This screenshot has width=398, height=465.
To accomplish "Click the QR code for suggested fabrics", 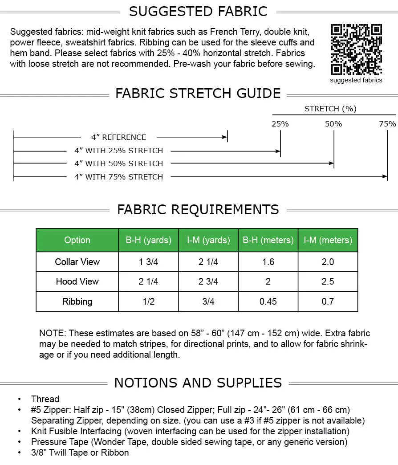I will click(356, 49).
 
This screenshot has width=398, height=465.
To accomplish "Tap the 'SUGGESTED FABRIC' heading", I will click(198, 12).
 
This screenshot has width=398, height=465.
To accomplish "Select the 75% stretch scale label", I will click(387, 124).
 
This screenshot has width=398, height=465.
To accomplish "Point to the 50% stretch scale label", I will click(333, 124).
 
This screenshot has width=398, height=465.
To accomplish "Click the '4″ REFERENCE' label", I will click(118, 137).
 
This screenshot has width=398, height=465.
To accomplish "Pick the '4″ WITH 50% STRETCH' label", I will click(118, 163).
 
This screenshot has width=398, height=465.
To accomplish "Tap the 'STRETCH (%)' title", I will click(330, 109).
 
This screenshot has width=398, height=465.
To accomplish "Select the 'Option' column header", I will click(77, 240).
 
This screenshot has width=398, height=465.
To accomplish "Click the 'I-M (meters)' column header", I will click(328, 240).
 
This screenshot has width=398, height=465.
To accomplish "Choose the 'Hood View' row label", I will click(77, 281).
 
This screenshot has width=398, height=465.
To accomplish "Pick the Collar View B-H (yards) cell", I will click(148, 262).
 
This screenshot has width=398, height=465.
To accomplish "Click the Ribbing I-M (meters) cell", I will click(328, 302).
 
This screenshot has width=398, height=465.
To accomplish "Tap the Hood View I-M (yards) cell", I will click(208, 281).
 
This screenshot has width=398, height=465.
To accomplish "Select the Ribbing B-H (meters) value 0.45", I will click(268, 302).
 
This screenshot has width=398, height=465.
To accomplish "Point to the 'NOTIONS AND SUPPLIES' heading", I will click(198, 383).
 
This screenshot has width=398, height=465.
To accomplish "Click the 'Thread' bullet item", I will click(45, 399).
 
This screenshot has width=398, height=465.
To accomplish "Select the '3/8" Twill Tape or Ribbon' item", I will click(80, 453).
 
